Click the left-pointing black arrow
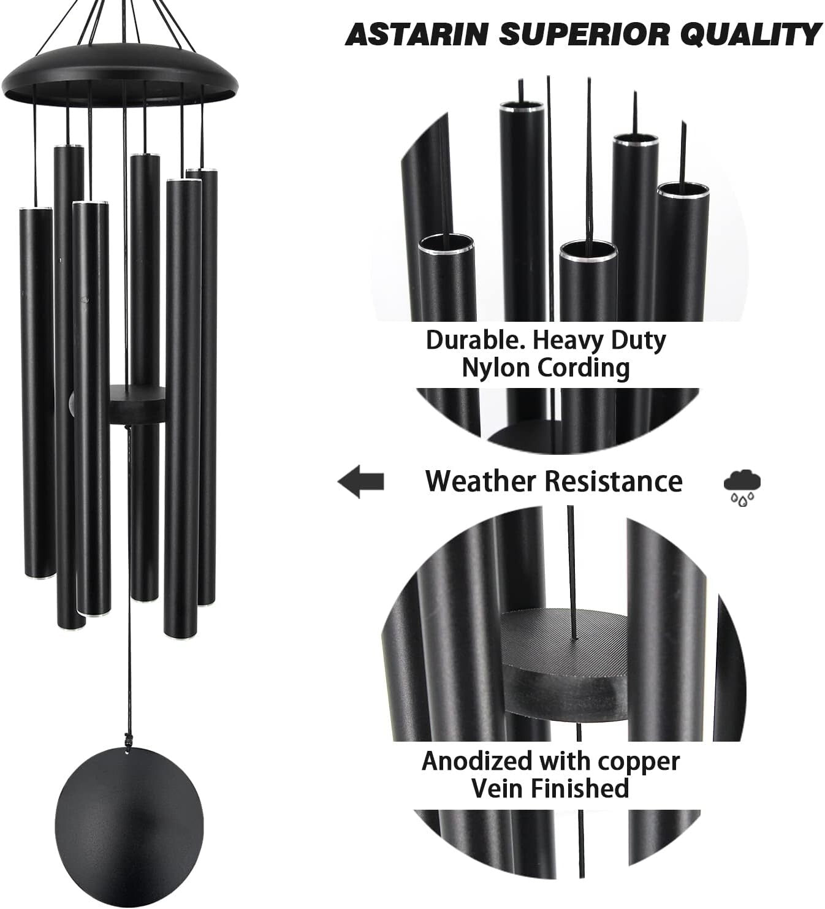coord(361,481)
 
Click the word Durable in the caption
coord(470,340)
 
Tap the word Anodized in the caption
coord(477,761)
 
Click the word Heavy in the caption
coord(567,340)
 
